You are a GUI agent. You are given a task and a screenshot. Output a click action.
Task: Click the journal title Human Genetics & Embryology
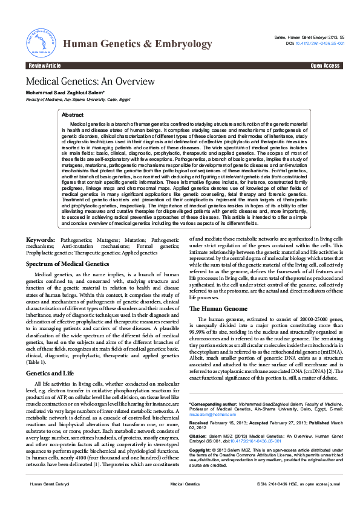[x=137, y=44]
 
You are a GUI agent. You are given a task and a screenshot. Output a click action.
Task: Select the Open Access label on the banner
[x=325, y=65]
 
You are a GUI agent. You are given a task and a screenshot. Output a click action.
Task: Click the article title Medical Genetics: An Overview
[x=90, y=82]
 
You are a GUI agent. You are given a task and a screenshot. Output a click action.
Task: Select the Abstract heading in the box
[x=73, y=114]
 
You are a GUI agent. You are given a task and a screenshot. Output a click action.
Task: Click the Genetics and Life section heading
[x=50, y=373]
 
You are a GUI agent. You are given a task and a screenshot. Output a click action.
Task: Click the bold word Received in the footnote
[x=200, y=423]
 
